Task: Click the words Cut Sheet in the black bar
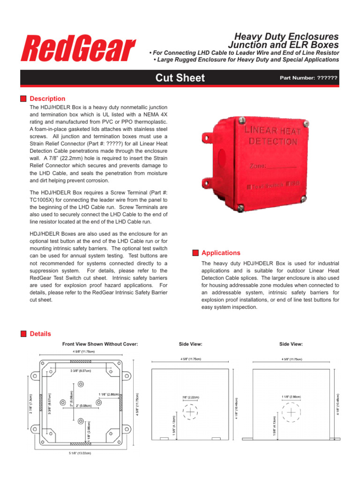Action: coord(180,78)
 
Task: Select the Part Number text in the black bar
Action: coord(308,78)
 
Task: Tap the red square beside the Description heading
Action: coord(23,99)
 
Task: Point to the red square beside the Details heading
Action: coord(23,334)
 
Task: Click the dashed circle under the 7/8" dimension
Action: coord(190,412)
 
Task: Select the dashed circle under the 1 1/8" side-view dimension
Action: coord(291,412)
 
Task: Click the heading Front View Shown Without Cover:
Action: coord(100,344)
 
